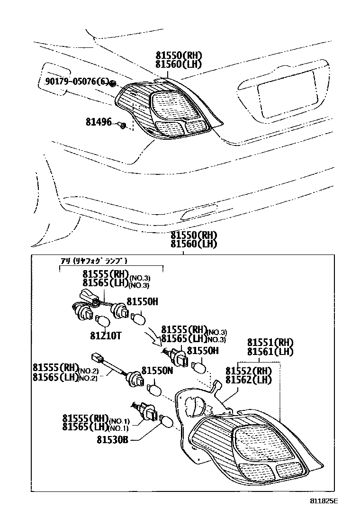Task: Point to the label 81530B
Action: point(113,440)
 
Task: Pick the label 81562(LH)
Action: point(248,380)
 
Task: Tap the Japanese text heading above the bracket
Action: point(94,261)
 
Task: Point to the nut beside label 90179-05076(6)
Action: point(113,84)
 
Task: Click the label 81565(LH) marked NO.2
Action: point(55,377)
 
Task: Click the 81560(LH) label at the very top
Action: point(179,64)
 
